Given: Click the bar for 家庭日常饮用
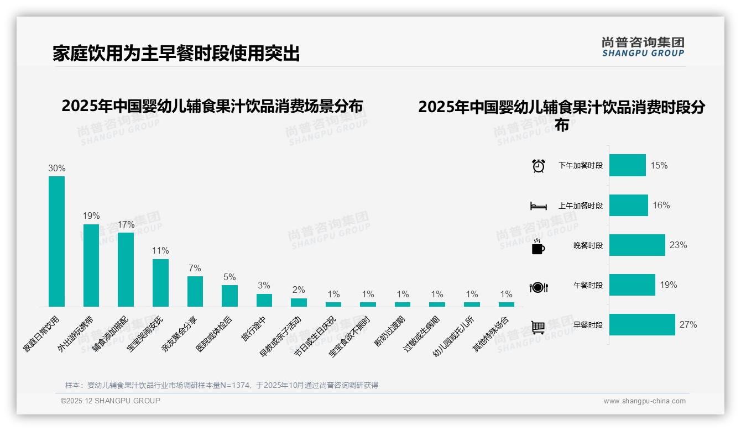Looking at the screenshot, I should pyautogui.click(x=56, y=241).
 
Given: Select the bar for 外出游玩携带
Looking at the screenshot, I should pyautogui.click(x=91, y=265).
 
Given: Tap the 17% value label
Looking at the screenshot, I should pyautogui.click(x=126, y=225).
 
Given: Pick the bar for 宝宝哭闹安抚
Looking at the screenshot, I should pyautogui.click(x=160, y=282).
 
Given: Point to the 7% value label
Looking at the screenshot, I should pyautogui.click(x=195, y=268).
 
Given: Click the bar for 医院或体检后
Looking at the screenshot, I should pyautogui.click(x=229, y=296).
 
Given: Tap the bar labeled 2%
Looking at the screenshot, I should pyautogui.click(x=299, y=302).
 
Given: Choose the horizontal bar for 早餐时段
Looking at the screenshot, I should pyautogui.click(x=642, y=325).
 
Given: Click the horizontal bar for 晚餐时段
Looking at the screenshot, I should pyautogui.click(x=637, y=245).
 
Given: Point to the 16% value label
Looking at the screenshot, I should pyautogui.click(x=661, y=205).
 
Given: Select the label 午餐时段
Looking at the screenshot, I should pyautogui.click(x=588, y=285).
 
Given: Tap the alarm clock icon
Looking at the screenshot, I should pyautogui.click(x=539, y=165).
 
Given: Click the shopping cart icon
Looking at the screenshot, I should pyautogui.click(x=538, y=327).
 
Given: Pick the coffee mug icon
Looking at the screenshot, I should pyautogui.click(x=538, y=247).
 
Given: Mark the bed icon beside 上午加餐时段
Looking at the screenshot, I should pyautogui.click(x=538, y=206).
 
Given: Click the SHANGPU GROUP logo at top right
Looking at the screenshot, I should pyautogui.click(x=643, y=47).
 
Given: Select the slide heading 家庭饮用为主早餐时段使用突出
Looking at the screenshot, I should pyautogui.click(x=176, y=54).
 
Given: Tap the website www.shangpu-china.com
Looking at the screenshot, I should pyautogui.click(x=644, y=401).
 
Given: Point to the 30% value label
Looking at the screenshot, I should pyautogui.click(x=57, y=168).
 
